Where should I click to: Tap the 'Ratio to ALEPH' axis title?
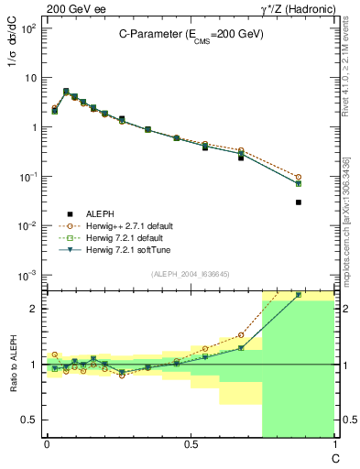point(13,364)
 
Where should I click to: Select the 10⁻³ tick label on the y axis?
point(29,275)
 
